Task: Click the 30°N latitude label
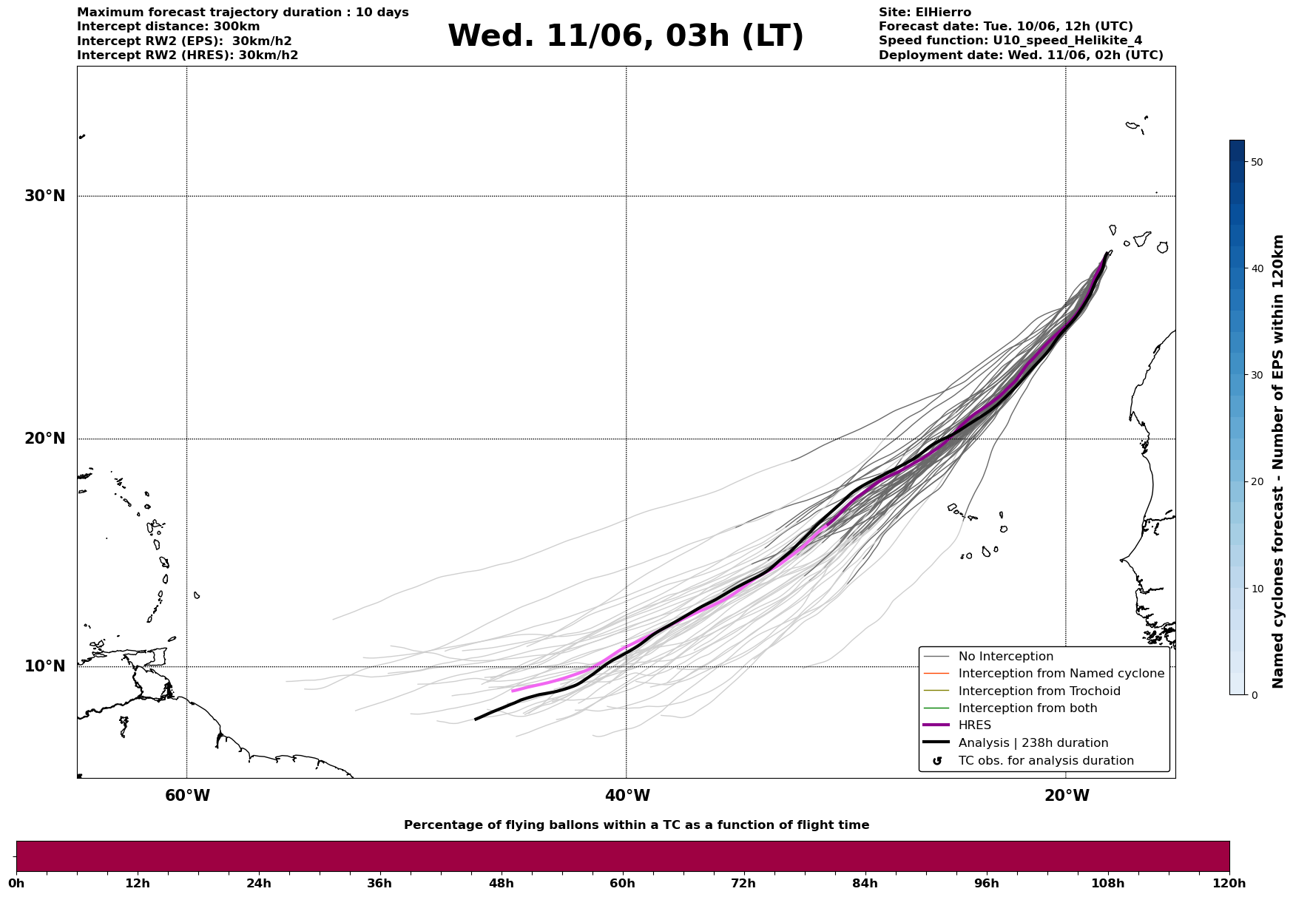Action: (x=44, y=196)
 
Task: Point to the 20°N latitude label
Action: (x=44, y=439)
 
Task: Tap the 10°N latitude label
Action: (x=44, y=666)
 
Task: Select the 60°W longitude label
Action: (x=187, y=796)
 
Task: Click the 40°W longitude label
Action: (x=627, y=796)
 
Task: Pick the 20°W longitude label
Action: (x=1067, y=796)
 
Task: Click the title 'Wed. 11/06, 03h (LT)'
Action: (x=625, y=36)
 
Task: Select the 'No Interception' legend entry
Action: (x=1005, y=657)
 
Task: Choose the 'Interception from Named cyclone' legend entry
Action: (x=1061, y=674)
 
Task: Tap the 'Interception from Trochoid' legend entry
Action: (x=1039, y=691)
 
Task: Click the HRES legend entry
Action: (x=974, y=725)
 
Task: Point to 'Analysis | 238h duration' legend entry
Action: (x=1033, y=743)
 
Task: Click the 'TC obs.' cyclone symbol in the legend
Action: (x=937, y=761)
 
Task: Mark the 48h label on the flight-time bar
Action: (x=501, y=884)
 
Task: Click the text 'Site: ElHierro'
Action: (x=925, y=13)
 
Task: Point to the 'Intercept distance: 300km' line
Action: (x=168, y=27)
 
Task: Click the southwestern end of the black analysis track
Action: (x=476, y=719)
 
